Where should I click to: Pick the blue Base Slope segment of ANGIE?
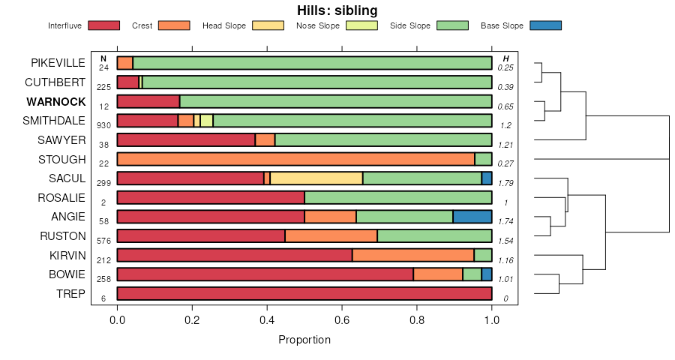(x=472, y=217)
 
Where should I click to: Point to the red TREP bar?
(x=304, y=293)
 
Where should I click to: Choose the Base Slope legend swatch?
(x=545, y=25)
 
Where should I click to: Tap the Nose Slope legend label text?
(x=318, y=25)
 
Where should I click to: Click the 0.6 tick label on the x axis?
(x=342, y=320)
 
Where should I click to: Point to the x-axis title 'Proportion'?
(x=304, y=340)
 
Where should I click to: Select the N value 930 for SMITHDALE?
(x=103, y=125)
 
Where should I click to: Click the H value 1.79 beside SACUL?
(x=505, y=183)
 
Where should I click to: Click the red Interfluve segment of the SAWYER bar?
(x=186, y=139)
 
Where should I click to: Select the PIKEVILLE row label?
(x=58, y=63)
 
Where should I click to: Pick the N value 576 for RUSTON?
(x=103, y=241)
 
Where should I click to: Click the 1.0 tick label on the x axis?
(x=492, y=320)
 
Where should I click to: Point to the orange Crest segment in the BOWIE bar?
(x=438, y=274)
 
